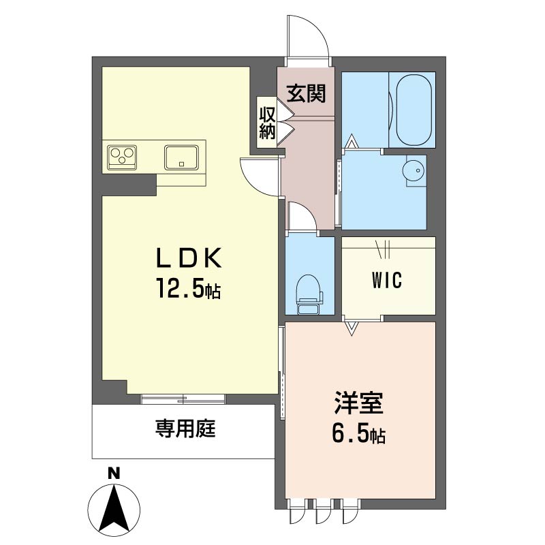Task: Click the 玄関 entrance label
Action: point(306,93)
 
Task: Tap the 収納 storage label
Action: point(267,123)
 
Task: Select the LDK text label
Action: point(189,258)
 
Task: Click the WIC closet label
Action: point(386,280)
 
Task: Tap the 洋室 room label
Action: point(359,403)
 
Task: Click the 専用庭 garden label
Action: point(185,429)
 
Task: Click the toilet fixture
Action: point(309,294)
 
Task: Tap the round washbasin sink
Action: point(414,171)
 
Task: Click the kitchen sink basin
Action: point(181,157)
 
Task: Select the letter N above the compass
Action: point(113,473)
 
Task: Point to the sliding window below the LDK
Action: point(183,399)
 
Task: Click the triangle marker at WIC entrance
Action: point(352,328)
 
